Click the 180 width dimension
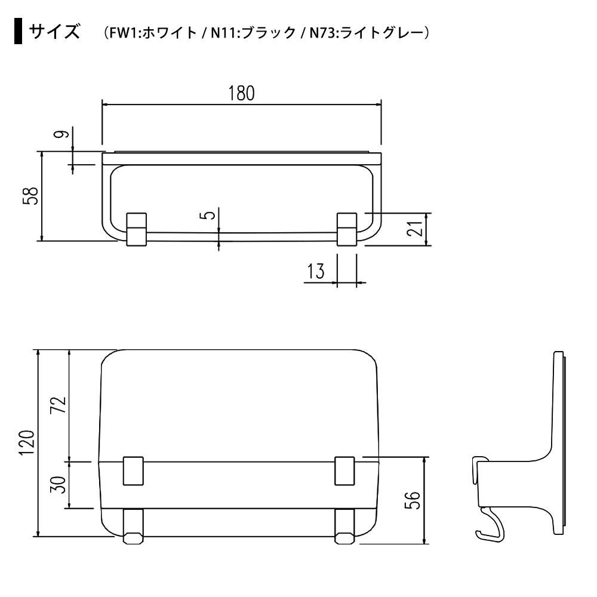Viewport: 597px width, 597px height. pyautogui.click(x=241, y=93)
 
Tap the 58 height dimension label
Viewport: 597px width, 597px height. pyautogui.click(x=31, y=196)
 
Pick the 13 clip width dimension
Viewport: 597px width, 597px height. pyautogui.click(x=316, y=272)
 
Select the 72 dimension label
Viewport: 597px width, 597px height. pyautogui.click(x=57, y=405)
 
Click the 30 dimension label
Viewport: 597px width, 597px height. pyautogui.click(x=57, y=484)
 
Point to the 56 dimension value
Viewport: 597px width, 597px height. pyautogui.click(x=413, y=500)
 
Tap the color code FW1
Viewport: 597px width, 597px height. pyautogui.click(x=125, y=33)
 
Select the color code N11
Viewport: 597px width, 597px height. pyautogui.click(x=223, y=33)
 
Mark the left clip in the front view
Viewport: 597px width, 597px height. pyautogui.click(x=136, y=228)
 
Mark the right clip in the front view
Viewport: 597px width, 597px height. pyautogui.click(x=347, y=228)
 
